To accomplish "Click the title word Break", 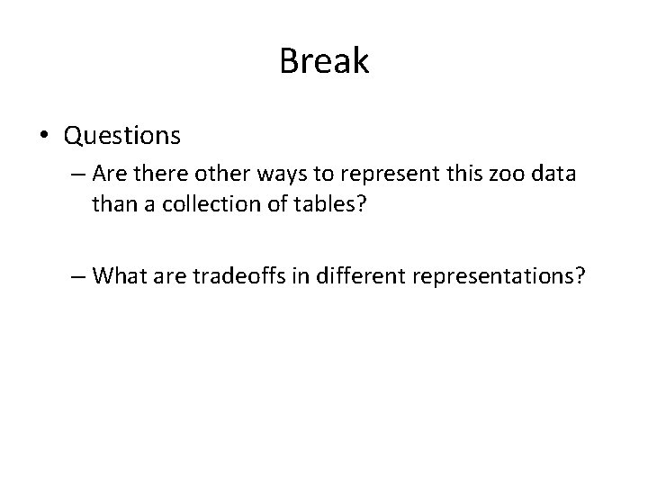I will coord(324,61).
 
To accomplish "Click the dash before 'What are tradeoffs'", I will coord(77,275).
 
